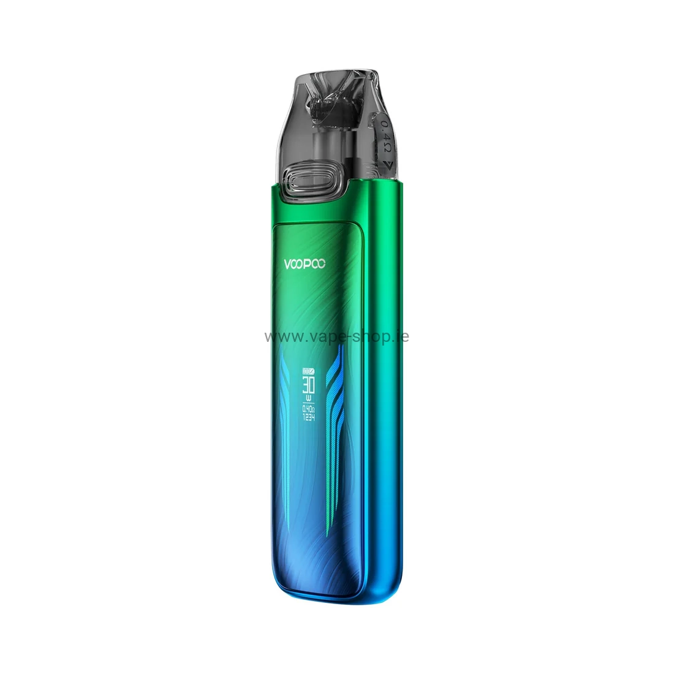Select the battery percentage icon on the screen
(309, 371)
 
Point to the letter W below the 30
(309, 399)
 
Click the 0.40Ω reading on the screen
(309, 409)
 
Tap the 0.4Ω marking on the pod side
(385, 131)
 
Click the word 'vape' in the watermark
(328, 336)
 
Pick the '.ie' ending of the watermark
(402, 336)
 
